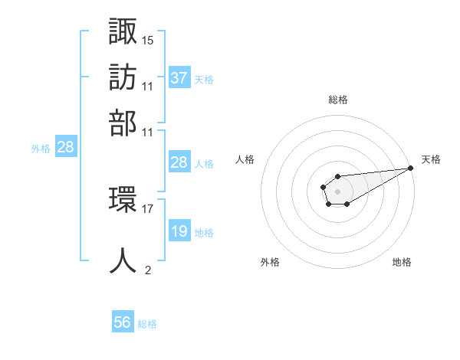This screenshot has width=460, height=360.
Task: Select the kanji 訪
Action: (123, 77)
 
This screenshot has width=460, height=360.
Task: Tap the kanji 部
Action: (123, 122)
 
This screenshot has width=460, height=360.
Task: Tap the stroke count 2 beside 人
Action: (148, 270)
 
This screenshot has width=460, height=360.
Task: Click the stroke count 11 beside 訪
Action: (148, 86)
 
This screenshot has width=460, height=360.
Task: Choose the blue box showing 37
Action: (179, 77)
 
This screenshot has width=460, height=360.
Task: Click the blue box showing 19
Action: (179, 231)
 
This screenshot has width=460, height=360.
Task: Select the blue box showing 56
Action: (123, 322)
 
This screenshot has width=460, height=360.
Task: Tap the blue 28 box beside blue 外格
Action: (65, 147)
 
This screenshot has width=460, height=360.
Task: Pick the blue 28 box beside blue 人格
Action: (179, 162)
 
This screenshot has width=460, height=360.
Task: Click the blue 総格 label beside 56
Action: (147, 324)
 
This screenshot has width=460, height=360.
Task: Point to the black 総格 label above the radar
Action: (337, 100)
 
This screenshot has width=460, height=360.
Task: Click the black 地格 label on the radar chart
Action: (402, 262)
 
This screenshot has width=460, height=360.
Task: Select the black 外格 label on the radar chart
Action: (270, 262)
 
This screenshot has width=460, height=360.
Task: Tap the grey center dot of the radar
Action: (337, 190)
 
